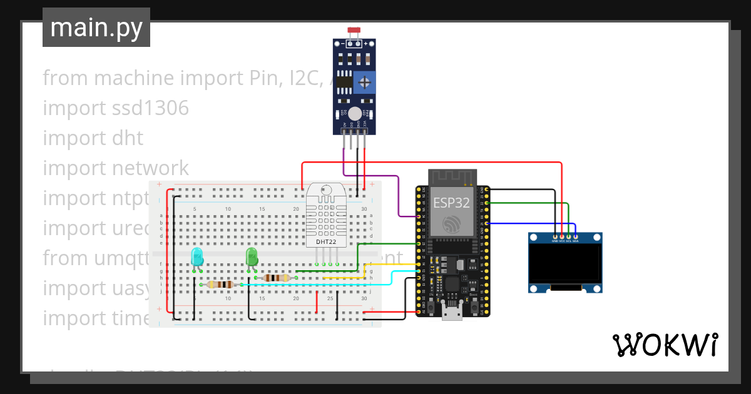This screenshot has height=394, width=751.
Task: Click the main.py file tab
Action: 96,28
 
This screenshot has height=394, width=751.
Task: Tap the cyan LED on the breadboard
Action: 197,256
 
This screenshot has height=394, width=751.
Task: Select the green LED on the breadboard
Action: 252,256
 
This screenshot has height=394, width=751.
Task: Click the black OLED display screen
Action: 565,262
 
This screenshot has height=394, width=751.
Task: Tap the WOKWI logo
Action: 665,345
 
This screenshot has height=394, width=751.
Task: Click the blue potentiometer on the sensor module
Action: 364,82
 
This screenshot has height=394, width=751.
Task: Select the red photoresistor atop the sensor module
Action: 355,31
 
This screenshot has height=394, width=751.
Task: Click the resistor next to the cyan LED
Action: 220,285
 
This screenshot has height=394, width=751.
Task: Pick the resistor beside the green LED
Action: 276,278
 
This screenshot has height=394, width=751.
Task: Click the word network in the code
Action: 150,168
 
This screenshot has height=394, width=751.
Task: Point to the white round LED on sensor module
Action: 355,113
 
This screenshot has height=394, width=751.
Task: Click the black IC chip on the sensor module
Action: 344,81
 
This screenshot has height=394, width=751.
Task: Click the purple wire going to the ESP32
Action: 398,194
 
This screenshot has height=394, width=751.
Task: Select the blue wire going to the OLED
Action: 532,223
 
